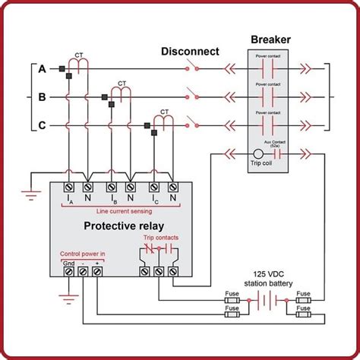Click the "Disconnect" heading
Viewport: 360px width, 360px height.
(190, 52)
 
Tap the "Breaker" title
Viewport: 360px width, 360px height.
(270, 39)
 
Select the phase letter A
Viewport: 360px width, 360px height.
(43, 69)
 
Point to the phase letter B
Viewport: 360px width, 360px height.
(43, 97)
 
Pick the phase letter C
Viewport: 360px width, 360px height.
(43, 125)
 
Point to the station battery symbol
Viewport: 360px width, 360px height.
(265, 299)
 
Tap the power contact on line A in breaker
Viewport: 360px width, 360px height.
(270, 68)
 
